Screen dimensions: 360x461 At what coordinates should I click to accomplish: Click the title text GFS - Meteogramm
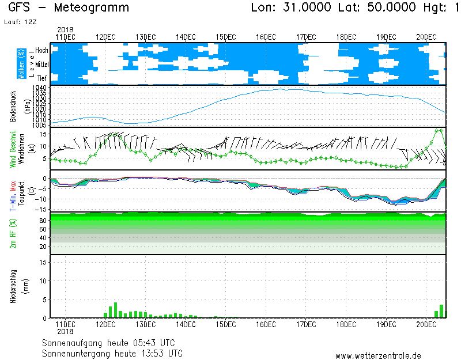click(69, 7)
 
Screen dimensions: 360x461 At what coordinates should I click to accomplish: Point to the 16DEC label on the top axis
click(266, 36)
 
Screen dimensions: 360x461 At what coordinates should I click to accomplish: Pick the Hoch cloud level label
click(41, 51)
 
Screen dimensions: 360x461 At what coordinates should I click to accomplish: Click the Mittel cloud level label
click(41, 65)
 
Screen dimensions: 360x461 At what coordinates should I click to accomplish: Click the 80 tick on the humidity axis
click(43, 220)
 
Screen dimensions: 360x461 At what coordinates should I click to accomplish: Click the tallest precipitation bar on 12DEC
click(115, 310)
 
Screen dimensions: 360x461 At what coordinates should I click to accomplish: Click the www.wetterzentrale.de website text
click(378, 355)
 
